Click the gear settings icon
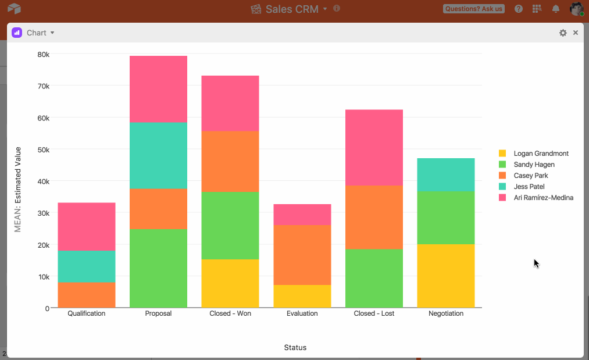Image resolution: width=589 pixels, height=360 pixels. click(x=563, y=33)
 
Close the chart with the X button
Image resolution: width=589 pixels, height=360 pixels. click(x=576, y=33)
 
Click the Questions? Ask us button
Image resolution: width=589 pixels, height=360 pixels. click(x=474, y=9)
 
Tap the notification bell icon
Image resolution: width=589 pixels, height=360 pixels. click(x=556, y=9)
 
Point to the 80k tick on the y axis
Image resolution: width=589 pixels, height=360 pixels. click(x=43, y=55)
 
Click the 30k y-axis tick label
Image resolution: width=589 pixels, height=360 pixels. click(x=43, y=213)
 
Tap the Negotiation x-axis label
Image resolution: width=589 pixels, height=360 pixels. click(x=446, y=313)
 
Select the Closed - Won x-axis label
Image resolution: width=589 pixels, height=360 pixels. click(x=230, y=313)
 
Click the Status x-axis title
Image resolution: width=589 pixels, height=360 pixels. click(x=295, y=348)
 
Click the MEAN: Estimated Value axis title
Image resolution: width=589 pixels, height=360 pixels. click(x=17, y=190)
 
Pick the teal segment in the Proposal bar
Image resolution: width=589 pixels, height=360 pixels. click(x=159, y=156)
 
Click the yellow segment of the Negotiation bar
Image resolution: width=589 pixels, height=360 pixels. click(x=446, y=276)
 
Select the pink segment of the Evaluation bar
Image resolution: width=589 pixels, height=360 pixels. click(x=302, y=215)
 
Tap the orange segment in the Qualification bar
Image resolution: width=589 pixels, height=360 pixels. click(x=87, y=295)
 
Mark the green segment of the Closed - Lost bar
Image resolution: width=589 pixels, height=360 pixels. click(x=374, y=279)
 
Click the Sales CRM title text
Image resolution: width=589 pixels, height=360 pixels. click(x=292, y=9)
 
